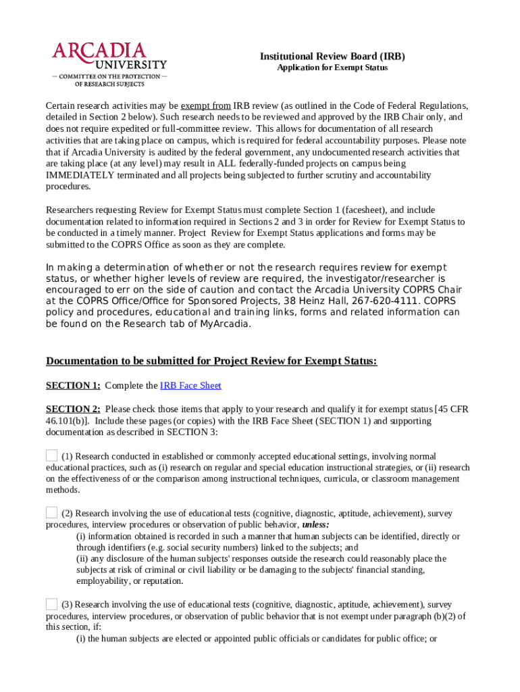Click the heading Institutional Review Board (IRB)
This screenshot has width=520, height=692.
(332, 57)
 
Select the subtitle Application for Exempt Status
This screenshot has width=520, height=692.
(332, 68)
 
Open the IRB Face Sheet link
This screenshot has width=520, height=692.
(190, 385)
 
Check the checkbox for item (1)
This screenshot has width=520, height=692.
(52, 456)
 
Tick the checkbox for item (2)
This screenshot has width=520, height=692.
(52, 512)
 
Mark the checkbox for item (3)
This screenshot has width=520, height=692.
(52, 604)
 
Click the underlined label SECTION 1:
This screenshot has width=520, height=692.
(73, 385)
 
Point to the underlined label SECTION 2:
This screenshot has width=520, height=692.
(73, 409)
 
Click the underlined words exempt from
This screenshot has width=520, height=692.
(205, 106)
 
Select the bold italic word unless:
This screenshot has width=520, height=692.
(315, 524)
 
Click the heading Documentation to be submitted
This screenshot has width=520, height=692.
(211, 361)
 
